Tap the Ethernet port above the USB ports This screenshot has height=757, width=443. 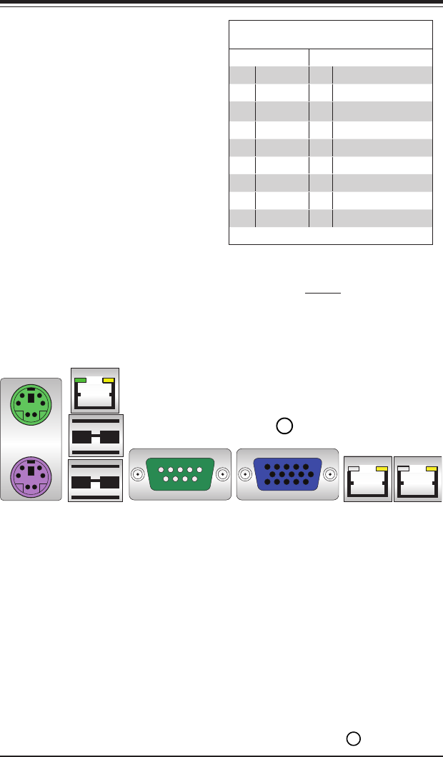[x=96, y=389]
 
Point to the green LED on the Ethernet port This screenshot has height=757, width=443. [x=81, y=381]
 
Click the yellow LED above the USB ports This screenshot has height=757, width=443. [x=109, y=381]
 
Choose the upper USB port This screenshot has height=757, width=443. [x=96, y=435]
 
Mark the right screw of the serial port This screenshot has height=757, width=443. [x=223, y=474]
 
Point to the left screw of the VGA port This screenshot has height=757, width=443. [x=245, y=474]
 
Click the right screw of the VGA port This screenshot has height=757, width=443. [x=330, y=474]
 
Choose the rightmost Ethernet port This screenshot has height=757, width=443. [x=418, y=478]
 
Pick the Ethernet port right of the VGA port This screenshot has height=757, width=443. [x=368, y=478]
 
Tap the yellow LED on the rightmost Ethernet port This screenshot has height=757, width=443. [x=431, y=468]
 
